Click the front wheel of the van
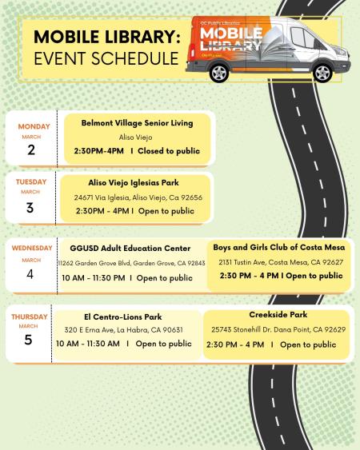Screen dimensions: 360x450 click(322, 73)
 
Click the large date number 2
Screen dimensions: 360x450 click(31, 150)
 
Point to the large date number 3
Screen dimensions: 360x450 click(31, 208)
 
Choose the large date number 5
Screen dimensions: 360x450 click(30, 339)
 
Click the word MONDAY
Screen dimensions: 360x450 click(34, 126)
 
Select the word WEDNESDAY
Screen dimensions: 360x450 click(32, 248)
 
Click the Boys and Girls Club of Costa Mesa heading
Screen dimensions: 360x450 click(279, 247)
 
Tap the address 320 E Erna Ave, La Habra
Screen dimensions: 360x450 click(123, 330)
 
